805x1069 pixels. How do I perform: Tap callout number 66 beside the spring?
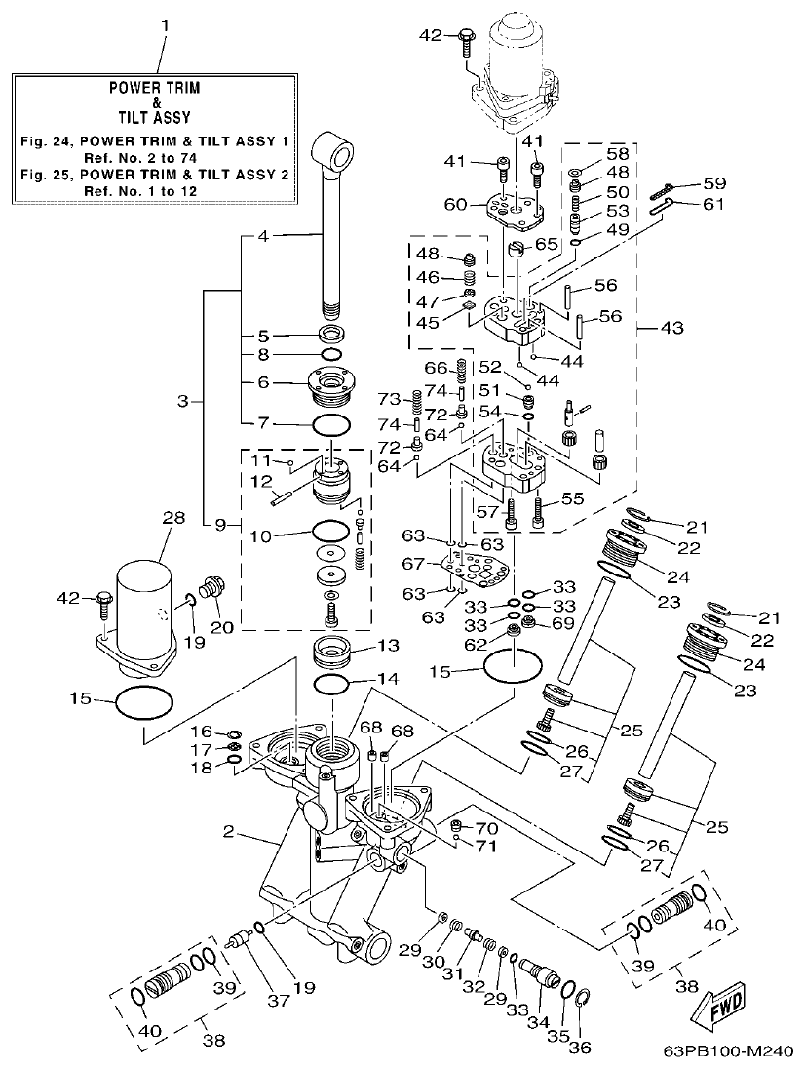pyautogui.click(x=436, y=367)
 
